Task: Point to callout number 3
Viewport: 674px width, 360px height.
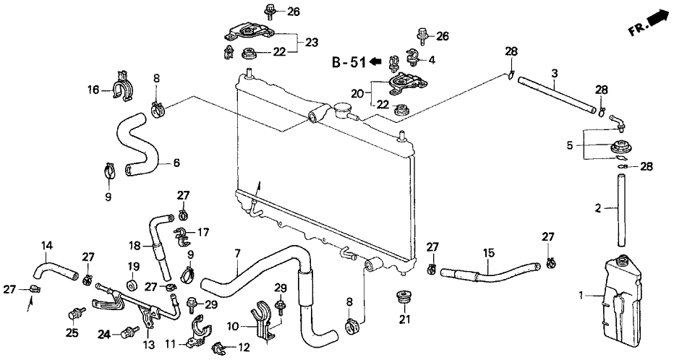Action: point(554,72)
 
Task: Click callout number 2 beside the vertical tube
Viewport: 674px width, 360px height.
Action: point(597,208)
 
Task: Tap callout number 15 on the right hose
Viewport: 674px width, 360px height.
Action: point(489,253)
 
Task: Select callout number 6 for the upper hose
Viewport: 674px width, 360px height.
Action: point(176,163)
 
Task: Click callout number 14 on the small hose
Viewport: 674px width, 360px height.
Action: point(47,245)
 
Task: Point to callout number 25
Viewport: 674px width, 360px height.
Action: point(72,333)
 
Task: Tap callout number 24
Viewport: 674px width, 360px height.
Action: point(104,334)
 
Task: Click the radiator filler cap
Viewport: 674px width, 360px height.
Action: point(342,111)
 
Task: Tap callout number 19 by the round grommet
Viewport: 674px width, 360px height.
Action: point(133,266)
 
